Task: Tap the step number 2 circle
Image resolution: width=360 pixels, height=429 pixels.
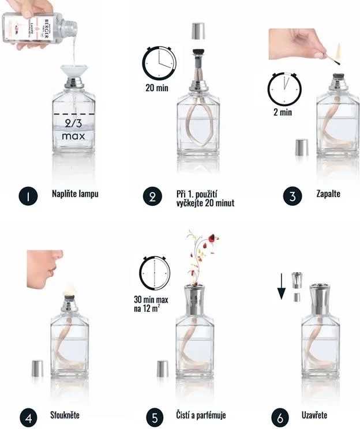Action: tap(152, 197)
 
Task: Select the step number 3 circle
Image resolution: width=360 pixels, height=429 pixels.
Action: tap(293, 195)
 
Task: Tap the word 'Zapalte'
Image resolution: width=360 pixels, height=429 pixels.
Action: tap(328, 194)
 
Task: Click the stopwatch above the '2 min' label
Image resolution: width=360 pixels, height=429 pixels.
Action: tap(284, 87)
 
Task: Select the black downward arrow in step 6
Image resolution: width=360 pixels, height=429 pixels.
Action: tap(282, 287)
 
